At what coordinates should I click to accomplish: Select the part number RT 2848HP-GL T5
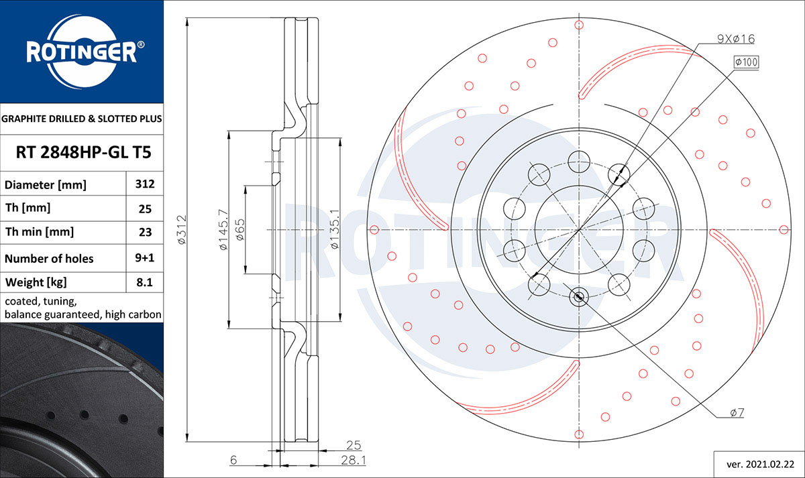[x=83, y=152]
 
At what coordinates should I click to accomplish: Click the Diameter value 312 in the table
[x=145, y=184]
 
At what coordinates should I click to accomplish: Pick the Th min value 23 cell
[x=145, y=233]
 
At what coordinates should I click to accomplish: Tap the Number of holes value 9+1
[x=144, y=258]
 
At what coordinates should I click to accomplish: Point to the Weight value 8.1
[x=144, y=282]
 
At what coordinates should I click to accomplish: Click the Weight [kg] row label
[x=36, y=282]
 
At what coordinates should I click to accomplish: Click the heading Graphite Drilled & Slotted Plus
[x=82, y=119]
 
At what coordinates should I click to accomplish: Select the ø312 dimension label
[x=182, y=230]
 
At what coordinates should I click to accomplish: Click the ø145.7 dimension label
[x=223, y=230]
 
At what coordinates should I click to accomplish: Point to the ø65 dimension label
[x=239, y=230]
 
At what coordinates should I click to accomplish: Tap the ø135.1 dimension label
[x=334, y=229]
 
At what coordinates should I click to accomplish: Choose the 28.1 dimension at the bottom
[x=354, y=460]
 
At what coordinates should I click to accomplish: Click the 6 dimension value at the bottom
[x=233, y=460]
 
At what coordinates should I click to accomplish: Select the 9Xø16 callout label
[x=736, y=39]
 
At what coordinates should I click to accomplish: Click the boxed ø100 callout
[x=746, y=62]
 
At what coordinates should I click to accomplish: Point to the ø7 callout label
[x=737, y=413]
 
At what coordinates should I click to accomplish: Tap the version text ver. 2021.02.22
[x=761, y=465]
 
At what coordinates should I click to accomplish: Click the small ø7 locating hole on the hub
[x=578, y=296]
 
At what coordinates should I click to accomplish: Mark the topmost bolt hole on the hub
[x=579, y=162]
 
